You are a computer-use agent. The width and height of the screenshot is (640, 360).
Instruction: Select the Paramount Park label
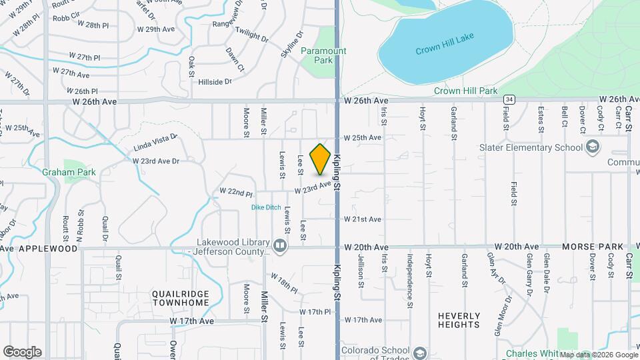pos(323,55)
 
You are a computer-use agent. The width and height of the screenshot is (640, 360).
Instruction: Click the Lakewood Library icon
pos(281,247)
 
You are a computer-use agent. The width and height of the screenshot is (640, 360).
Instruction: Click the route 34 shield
pos(509,99)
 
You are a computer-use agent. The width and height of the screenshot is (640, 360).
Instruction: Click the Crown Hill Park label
pos(465,91)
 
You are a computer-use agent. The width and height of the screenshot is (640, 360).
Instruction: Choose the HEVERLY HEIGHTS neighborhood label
pos(459,320)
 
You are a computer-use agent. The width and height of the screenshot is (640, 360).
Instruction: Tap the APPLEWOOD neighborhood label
pos(48,248)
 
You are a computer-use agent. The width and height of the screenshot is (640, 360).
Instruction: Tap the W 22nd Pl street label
pos(237,193)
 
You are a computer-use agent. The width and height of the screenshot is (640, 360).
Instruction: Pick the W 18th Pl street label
pos(283,283)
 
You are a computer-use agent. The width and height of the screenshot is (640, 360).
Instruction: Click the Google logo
pos(22,351)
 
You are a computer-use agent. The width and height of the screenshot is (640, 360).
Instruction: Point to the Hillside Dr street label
pos(215,81)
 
